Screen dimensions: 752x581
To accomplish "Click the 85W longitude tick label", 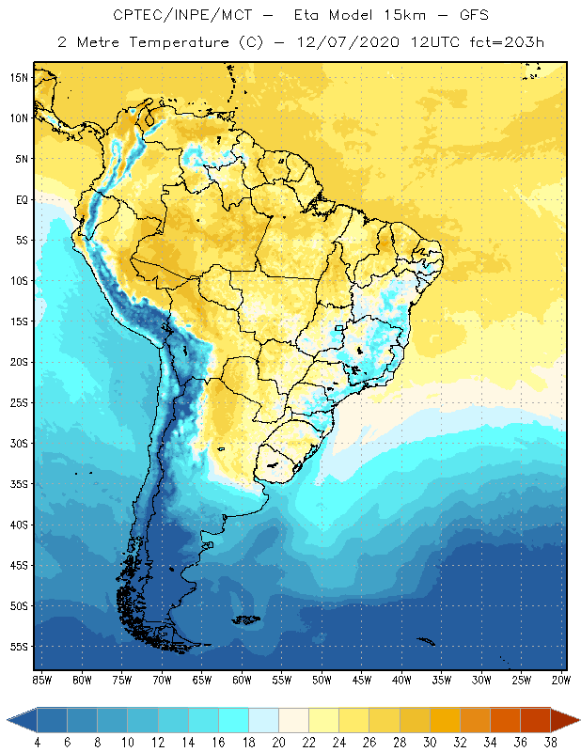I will [42, 680].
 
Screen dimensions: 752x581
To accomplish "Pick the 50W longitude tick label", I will [322, 680].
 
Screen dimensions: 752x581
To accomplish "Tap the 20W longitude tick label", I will [561, 680].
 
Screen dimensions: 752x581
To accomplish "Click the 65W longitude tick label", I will [202, 680].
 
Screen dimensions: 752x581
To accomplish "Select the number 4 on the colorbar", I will [38, 742].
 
